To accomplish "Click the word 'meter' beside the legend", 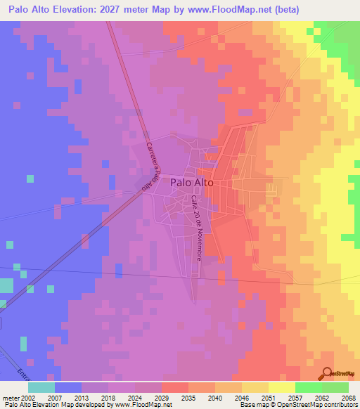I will (x=11, y=398).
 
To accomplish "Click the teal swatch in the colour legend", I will (x=41, y=387).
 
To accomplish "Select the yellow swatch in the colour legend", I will (x=282, y=387).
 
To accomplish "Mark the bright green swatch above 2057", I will (x=308, y=387).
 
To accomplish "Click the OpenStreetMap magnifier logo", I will (x=328, y=374).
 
